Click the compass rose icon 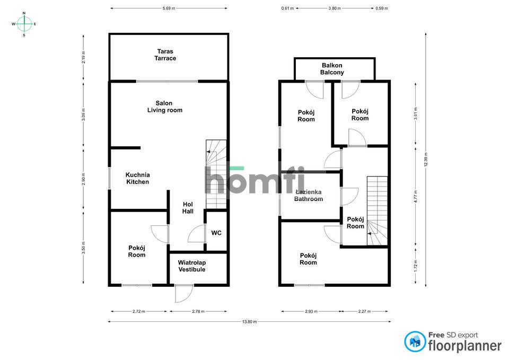(24, 24)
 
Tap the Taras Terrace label (165, 55)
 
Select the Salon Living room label (164, 107)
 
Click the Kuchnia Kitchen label (138, 178)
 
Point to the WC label (216, 233)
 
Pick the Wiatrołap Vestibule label (192, 266)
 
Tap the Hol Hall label (188, 208)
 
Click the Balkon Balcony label (332, 69)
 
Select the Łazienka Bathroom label (309, 196)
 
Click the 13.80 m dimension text (249, 322)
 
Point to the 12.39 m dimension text (426, 159)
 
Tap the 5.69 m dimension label (169, 8)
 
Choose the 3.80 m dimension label (335, 8)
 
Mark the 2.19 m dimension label (83, 57)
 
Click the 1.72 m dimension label (416, 266)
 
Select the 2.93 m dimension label (311, 311)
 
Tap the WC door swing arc (197, 233)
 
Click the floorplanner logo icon (415, 341)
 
